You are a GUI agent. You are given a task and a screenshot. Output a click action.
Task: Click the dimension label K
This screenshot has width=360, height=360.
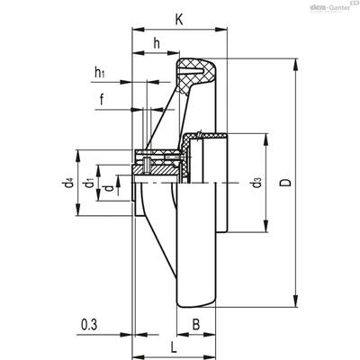coord(179,20)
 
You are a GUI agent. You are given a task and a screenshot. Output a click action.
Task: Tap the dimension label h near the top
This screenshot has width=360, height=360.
coord(157,43)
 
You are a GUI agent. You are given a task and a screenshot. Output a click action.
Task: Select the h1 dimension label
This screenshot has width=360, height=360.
coord(100,72)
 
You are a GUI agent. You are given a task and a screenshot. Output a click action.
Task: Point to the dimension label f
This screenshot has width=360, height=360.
coord(102,99)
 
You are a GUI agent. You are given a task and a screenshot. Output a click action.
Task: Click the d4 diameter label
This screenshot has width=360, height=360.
coord(68,183)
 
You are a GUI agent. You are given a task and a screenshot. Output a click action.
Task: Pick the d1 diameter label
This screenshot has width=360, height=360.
coord(89,183)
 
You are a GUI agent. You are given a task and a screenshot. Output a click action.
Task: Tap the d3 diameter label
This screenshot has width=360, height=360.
coord(257,183)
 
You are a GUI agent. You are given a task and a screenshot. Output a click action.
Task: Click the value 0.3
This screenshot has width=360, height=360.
coord(89,325)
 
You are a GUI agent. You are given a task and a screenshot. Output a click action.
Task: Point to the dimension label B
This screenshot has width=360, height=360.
coord(196,324)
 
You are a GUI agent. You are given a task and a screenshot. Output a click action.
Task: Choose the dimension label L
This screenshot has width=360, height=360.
coord(174,347)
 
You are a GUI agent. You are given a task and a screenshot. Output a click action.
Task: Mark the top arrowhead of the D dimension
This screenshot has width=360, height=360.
coord(296,65)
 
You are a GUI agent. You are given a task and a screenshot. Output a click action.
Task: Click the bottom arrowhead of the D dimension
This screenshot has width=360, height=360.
coord(296,301)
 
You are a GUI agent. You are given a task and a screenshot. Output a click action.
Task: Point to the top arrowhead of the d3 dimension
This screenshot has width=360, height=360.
coord(265,139)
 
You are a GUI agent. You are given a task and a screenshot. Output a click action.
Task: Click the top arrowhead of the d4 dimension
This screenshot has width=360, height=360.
coord(78,156)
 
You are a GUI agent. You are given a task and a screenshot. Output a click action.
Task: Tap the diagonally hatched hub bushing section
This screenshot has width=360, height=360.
coord(156,169)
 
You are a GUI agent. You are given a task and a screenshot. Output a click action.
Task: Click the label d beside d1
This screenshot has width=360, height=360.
coord(110,188)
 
